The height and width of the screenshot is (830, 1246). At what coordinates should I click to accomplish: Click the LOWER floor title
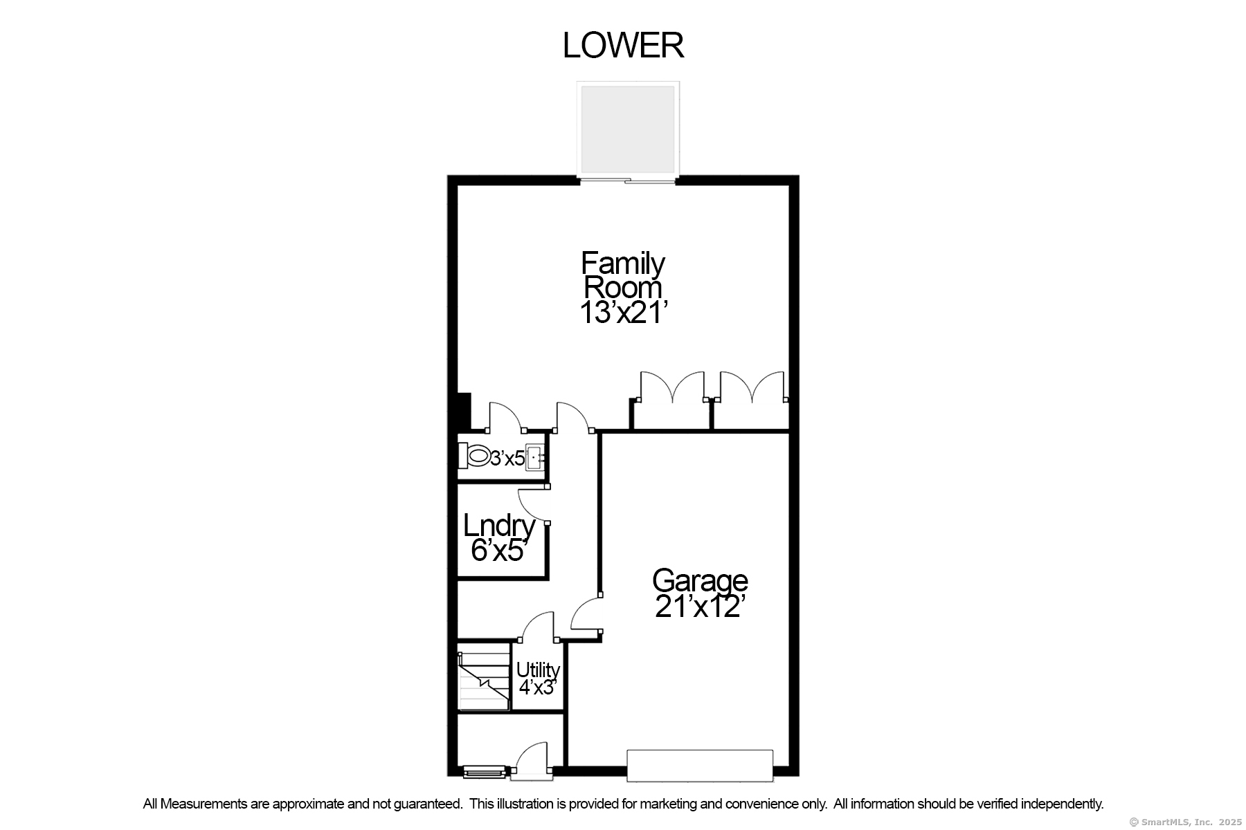click(x=623, y=46)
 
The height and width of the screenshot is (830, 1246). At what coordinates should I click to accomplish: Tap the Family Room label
click(x=623, y=275)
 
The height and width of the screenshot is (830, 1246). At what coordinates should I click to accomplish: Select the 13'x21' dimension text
click(x=623, y=313)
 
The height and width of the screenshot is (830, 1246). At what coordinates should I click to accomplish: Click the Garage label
click(x=700, y=580)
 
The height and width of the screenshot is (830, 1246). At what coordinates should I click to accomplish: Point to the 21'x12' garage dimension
click(x=700, y=607)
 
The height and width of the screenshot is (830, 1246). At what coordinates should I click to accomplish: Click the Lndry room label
click(x=499, y=526)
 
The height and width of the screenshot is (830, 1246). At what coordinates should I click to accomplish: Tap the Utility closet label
click(x=538, y=670)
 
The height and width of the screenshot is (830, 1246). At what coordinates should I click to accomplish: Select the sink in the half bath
click(x=534, y=458)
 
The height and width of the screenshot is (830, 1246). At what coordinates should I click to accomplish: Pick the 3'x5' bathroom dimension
click(x=507, y=458)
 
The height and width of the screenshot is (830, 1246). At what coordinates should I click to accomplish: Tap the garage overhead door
click(x=699, y=766)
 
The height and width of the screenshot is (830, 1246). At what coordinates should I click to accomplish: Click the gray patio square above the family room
click(x=627, y=129)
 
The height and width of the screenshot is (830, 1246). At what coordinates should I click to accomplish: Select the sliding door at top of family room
click(x=627, y=181)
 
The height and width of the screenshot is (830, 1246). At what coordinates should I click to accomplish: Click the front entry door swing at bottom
click(x=532, y=759)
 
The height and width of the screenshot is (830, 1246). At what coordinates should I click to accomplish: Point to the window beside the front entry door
click(x=484, y=771)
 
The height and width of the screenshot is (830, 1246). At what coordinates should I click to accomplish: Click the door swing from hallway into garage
click(x=585, y=614)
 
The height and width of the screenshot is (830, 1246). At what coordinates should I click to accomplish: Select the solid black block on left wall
click(x=464, y=412)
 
